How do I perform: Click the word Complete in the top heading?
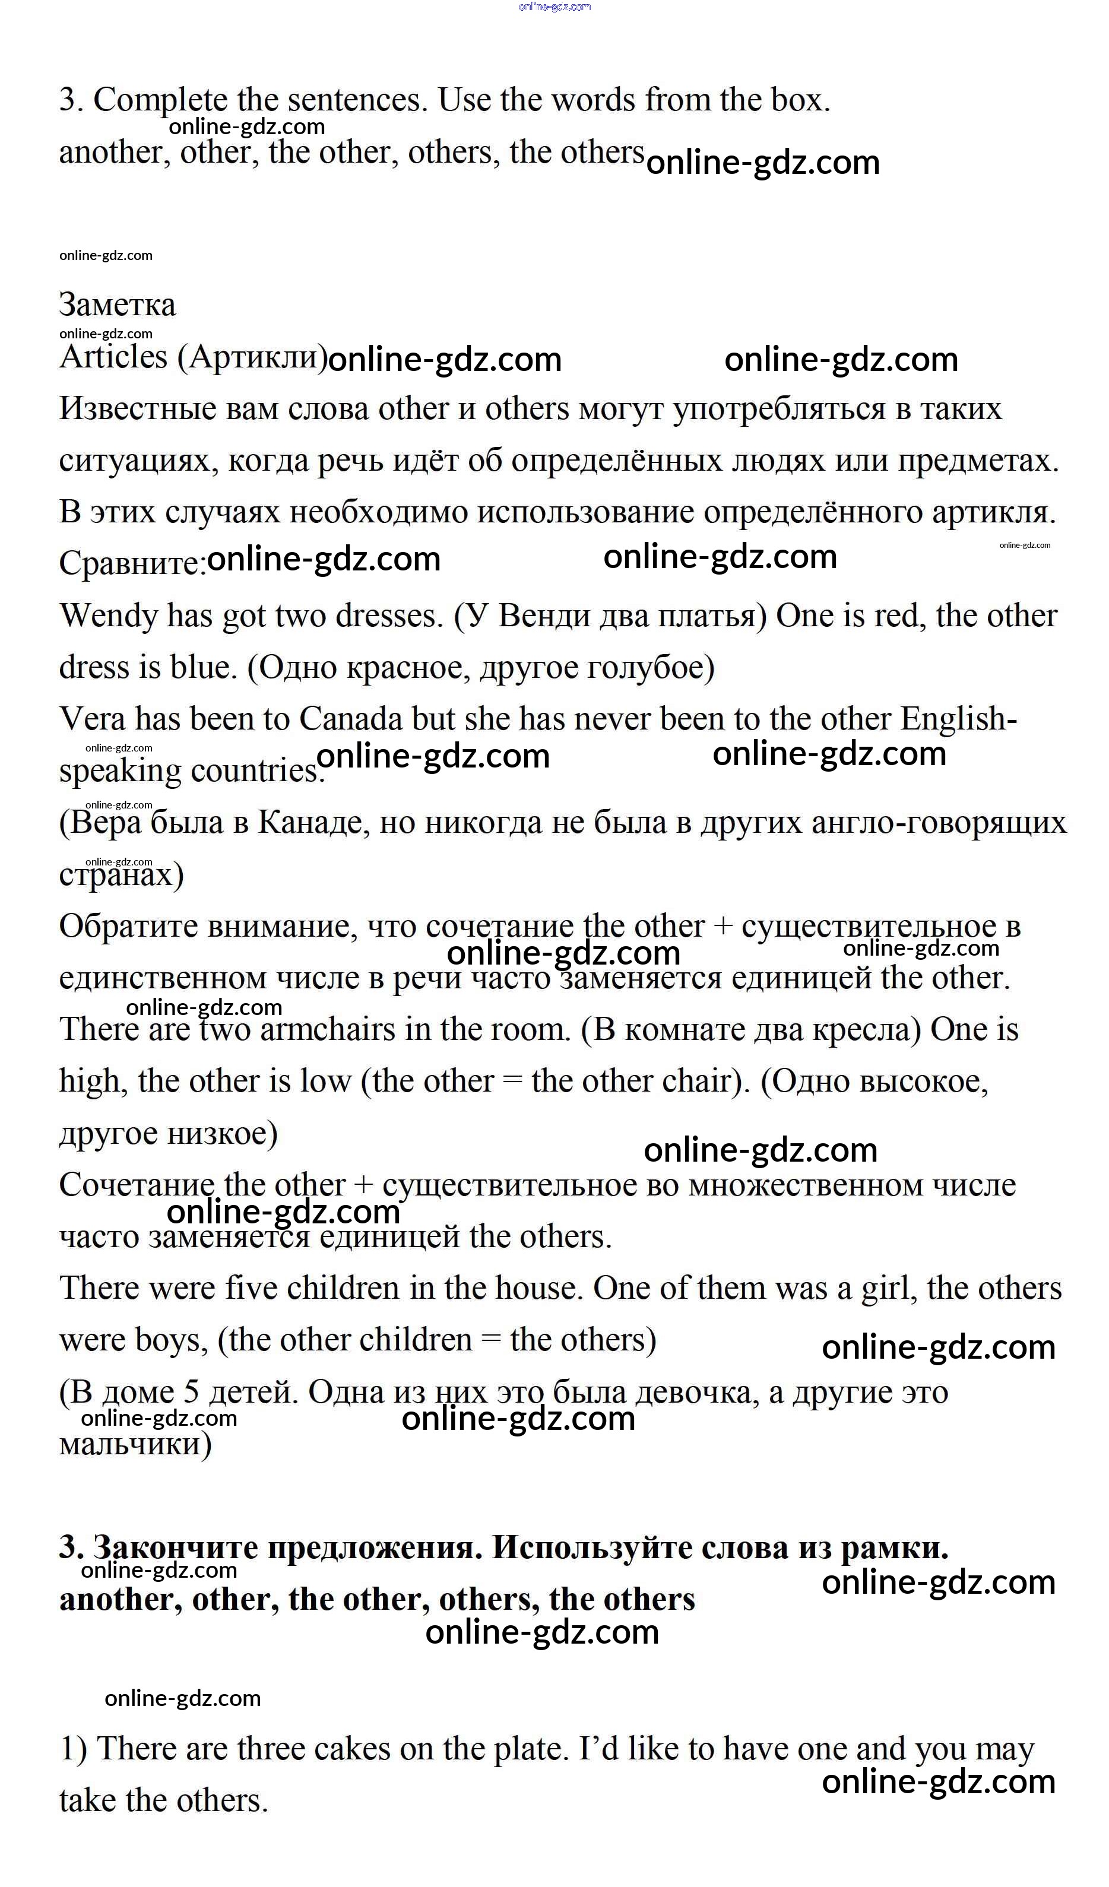(160, 100)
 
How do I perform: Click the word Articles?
(113, 357)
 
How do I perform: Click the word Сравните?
(132, 564)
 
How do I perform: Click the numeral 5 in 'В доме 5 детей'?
(192, 1392)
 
